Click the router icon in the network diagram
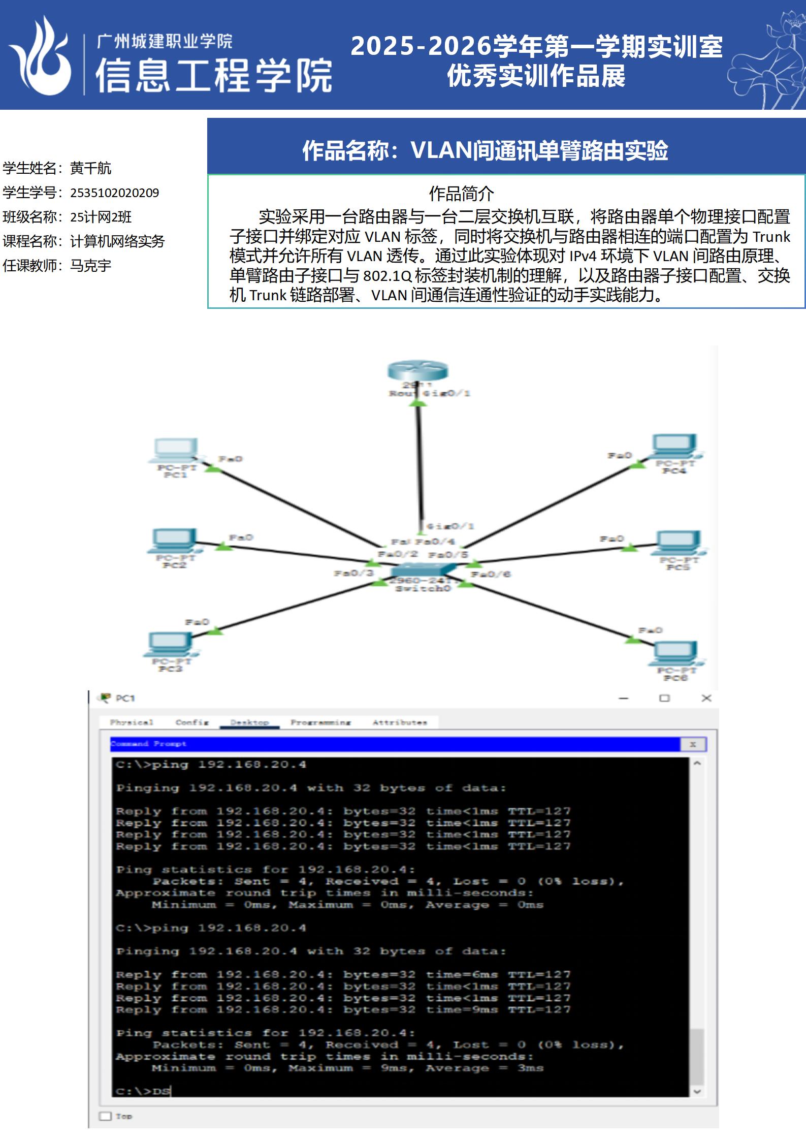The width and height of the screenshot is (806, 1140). click(417, 370)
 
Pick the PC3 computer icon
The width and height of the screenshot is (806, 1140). click(170, 644)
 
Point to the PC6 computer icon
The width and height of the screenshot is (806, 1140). click(674, 652)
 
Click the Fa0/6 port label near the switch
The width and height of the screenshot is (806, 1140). click(491, 574)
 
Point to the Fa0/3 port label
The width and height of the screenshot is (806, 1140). click(353, 573)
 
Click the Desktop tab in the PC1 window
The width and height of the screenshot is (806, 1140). click(249, 722)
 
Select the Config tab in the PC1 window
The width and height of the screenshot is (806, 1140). click(192, 722)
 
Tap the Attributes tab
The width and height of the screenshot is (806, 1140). click(400, 722)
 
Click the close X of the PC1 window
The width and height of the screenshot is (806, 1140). click(706, 698)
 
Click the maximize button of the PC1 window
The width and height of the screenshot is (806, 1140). click(664, 698)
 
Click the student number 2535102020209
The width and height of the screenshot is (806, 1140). click(114, 193)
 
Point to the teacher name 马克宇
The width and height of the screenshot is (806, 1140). click(90, 266)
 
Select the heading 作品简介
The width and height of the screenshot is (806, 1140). click(461, 194)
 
